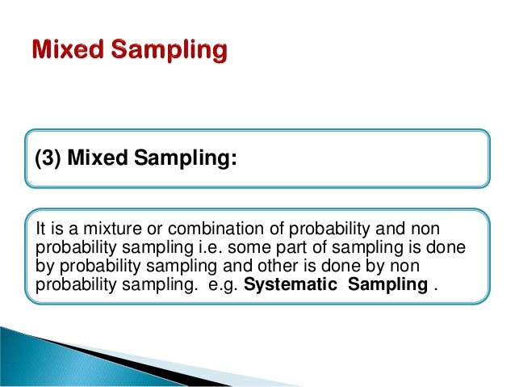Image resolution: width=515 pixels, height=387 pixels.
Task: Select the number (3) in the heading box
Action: point(48,159)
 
